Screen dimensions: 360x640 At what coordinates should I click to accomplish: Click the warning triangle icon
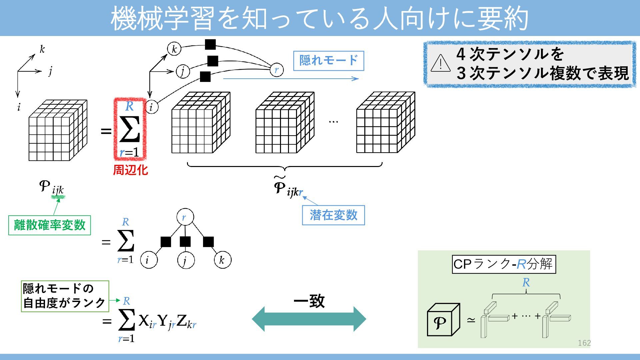[x=440, y=63]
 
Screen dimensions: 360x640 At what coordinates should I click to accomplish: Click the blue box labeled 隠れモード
[x=328, y=61]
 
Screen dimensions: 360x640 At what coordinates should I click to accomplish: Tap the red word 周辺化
[x=130, y=170]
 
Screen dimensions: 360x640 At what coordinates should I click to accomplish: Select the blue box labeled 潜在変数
[x=333, y=215]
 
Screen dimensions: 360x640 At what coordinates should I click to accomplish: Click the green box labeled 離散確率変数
[x=50, y=225]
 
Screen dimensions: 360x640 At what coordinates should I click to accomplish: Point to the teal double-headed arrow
[x=309, y=319]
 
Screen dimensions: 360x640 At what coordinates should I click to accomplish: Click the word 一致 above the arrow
[x=309, y=301]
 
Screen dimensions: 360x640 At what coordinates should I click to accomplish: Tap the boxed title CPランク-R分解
[x=504, y=264]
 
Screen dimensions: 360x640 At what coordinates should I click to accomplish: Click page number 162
[x=584, y=343]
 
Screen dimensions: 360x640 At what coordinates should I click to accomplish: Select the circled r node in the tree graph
[x=185, y=217]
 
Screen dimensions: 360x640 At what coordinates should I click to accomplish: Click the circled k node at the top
[x=174, y=49]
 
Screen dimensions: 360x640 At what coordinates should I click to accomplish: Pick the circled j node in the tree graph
[x=185, y=260]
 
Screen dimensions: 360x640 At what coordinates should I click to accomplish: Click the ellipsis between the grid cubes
[x=333, y=122]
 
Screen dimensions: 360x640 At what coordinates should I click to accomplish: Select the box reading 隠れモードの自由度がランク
[x=65, y=296]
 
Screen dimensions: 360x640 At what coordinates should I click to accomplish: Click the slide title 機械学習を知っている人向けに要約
[x=319, y=18]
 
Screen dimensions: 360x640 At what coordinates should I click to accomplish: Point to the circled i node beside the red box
[x=151, y=107]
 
